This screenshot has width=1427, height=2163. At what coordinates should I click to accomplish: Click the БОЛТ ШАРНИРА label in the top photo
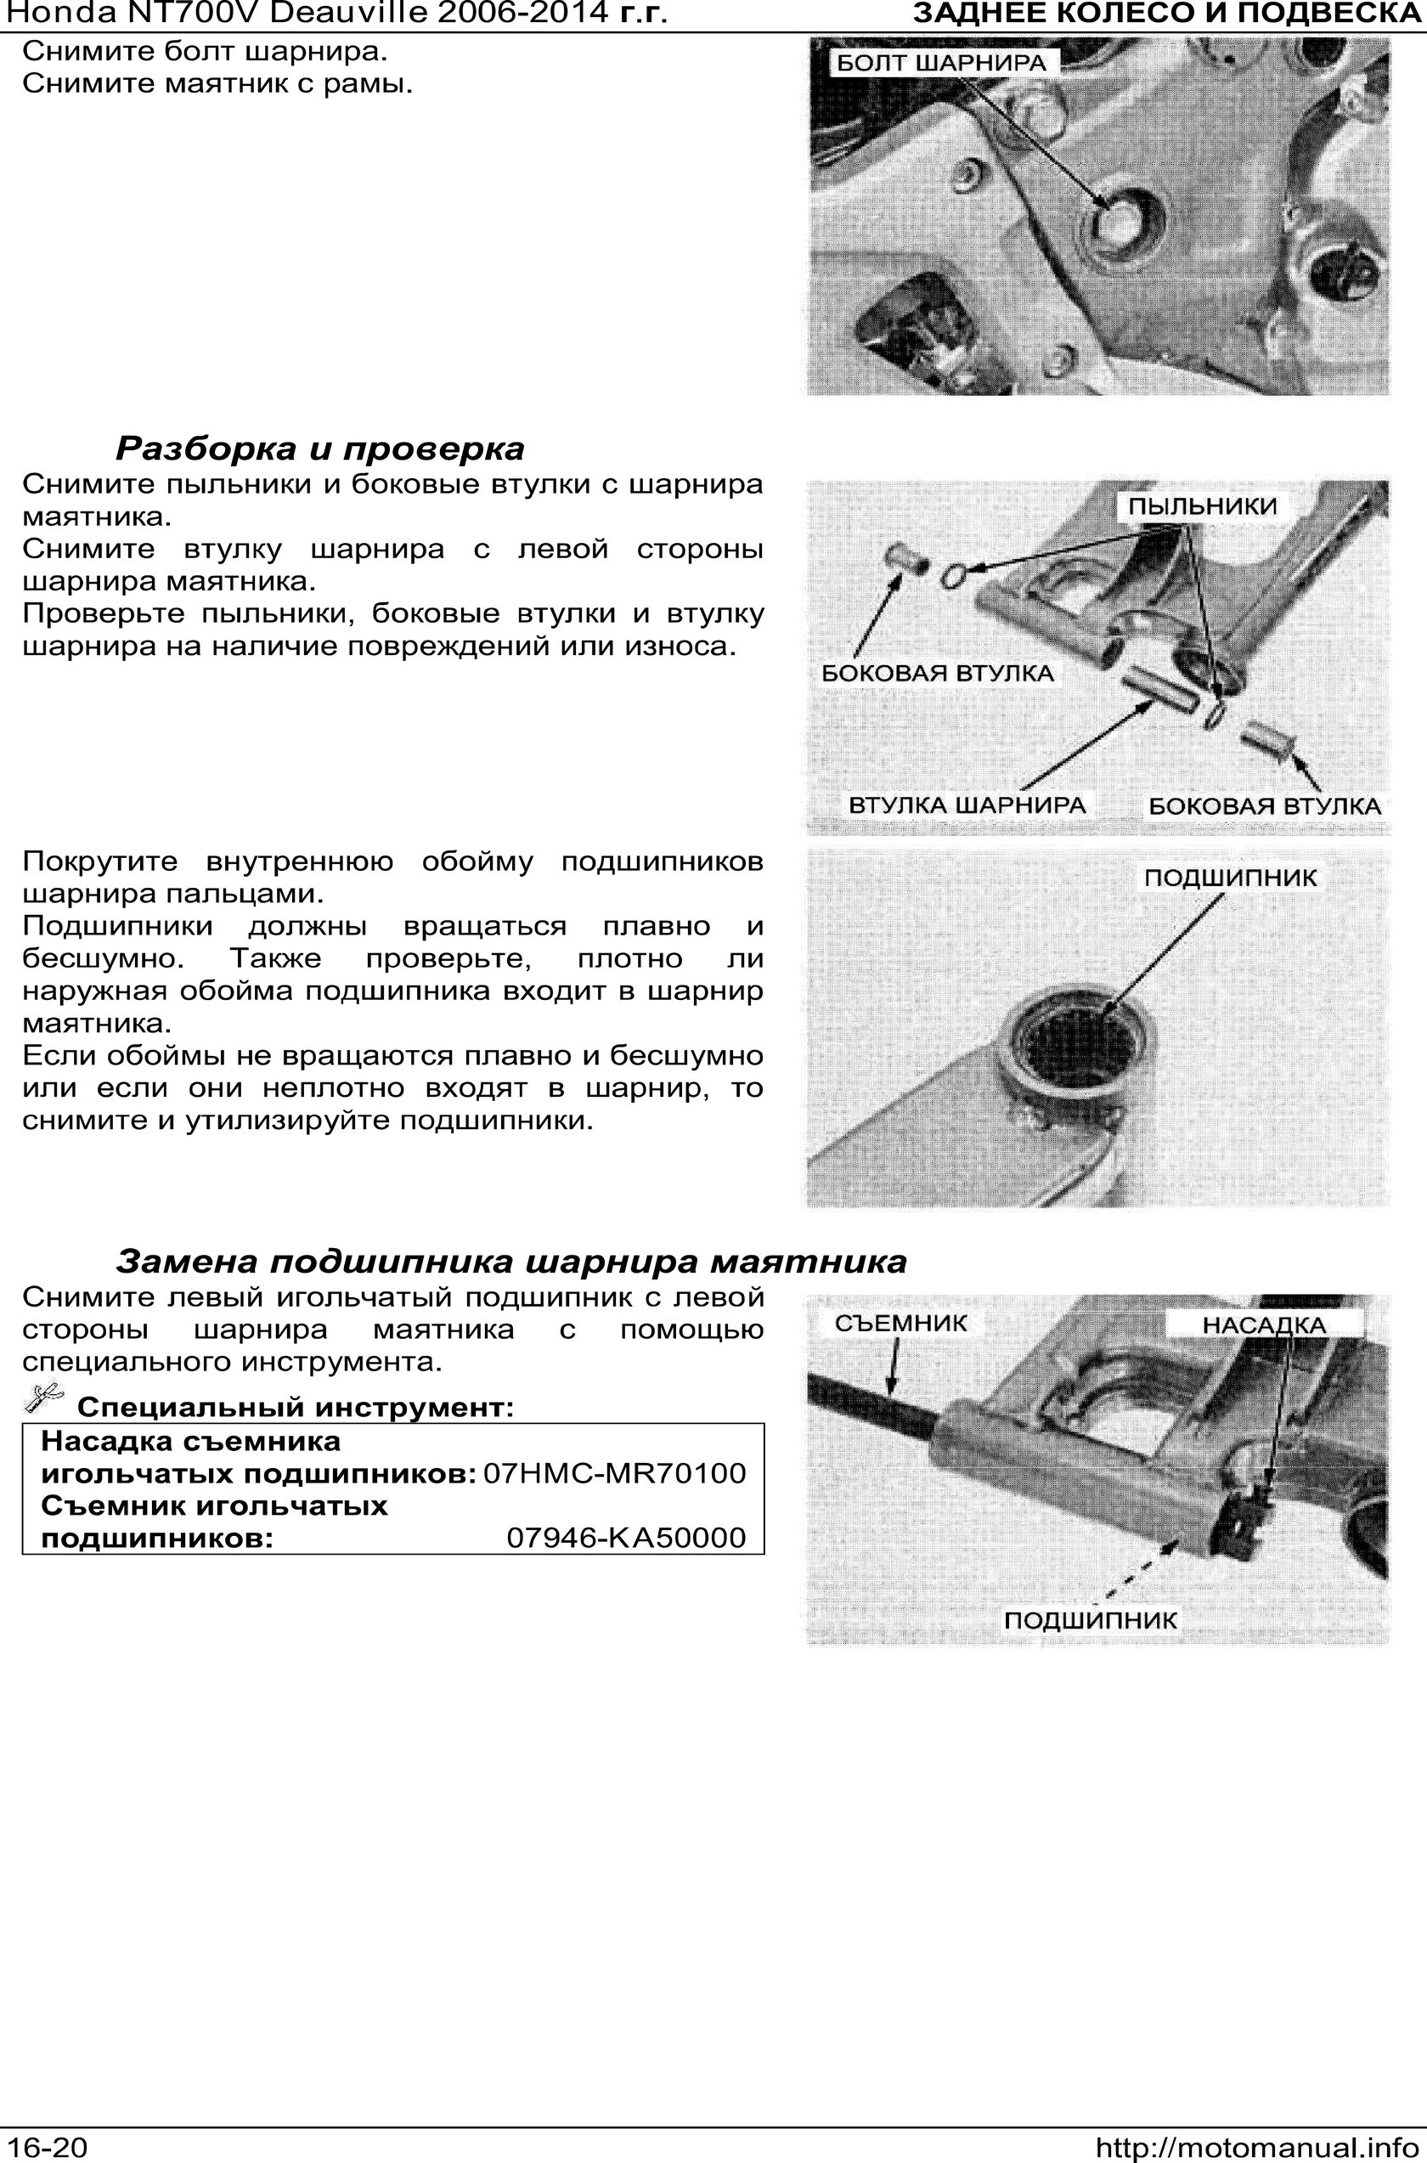(x=941, y=63)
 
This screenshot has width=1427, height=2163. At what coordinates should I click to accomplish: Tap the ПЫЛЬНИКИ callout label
(x=1202, y=506)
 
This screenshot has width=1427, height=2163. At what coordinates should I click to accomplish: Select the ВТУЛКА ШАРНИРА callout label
(x=967, y=805)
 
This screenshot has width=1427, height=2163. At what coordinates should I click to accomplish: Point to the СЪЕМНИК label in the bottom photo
(x=901, y=1322)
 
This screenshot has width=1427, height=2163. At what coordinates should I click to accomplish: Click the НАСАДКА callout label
(x=1264, y=1325)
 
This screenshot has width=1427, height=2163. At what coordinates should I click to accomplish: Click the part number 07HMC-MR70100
(x=614, y=1472)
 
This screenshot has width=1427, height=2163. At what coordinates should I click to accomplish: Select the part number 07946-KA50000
(x=626, y=1538)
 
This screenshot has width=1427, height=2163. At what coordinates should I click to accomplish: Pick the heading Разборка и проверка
(x=320, y=448)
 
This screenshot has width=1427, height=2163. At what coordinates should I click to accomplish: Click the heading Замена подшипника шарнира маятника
(x=511, y=1262)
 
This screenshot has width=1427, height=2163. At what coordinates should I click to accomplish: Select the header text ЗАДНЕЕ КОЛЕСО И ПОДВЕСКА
(x=1169, y=14)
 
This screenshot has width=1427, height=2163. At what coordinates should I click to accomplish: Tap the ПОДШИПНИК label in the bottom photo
(x=1091, y=1620)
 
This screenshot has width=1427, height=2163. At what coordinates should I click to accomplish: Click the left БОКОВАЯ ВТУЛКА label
(x=938, y=674)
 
